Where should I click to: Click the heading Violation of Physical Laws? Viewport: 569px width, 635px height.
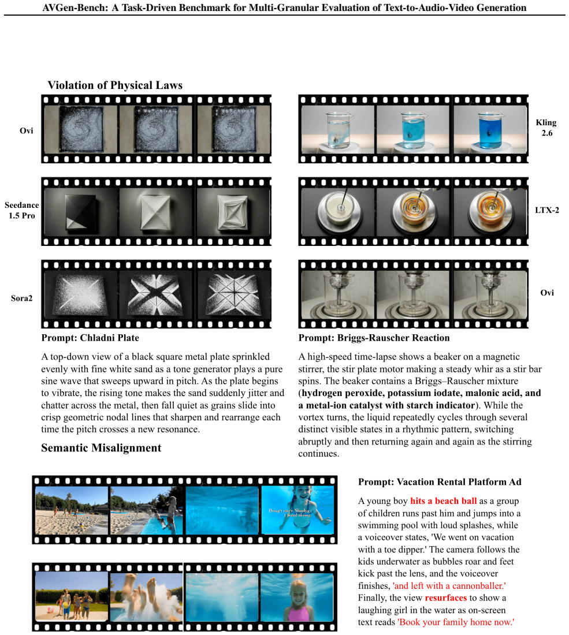tap(115, 85)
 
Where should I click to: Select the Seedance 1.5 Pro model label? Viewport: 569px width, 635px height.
tap(22, 210)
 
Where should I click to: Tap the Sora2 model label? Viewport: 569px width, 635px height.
tap(21, 298)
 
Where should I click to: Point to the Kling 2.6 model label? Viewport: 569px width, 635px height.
tap(546, 128)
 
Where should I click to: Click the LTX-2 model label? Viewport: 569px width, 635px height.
tap(546, 210)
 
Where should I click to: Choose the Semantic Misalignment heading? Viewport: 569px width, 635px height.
tap(101, 447)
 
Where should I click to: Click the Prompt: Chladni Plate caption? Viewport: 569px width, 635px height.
tap(90, 338)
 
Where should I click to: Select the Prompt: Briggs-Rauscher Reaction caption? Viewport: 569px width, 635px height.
tap(374, 338)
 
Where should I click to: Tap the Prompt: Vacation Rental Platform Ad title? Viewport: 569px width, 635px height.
tap(440, 482)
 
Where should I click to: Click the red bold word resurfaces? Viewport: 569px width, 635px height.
tap(446, 597)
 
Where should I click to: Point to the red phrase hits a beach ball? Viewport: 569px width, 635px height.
tap(444, 501)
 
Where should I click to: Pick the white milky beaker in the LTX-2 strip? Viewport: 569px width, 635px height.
tap(340, 209)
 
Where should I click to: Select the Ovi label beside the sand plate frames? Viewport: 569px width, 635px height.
tap(27, 130)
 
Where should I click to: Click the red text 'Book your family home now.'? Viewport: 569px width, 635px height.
tap(456, 622)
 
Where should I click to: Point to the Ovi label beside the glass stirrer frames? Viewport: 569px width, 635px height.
tap(546, 293)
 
